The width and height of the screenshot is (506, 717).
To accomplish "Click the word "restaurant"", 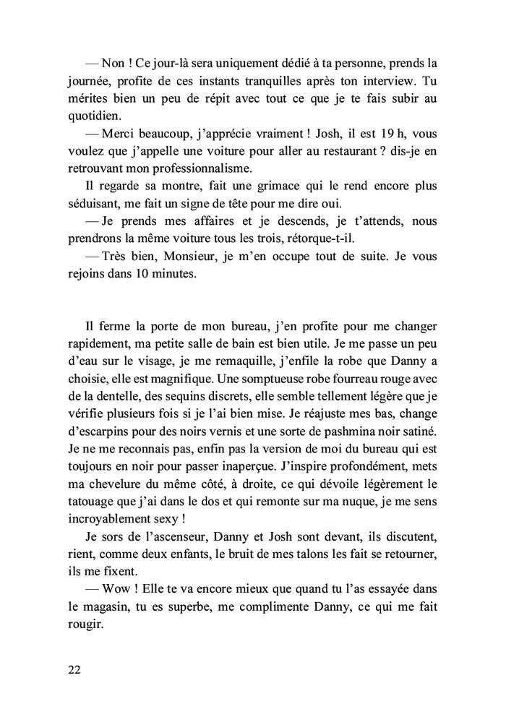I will point(317,152).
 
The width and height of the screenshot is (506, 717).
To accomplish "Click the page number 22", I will point(73,671).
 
